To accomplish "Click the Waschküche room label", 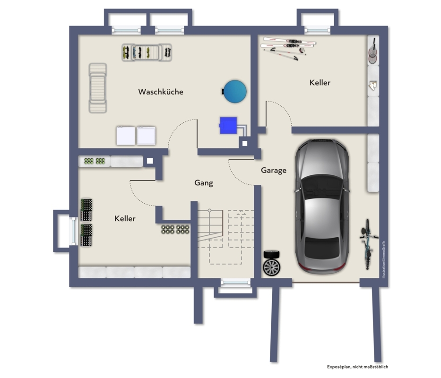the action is click(x=161, y=92).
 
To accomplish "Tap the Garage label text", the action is click(x=274, y=171).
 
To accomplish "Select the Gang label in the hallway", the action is click(x=204, y=183).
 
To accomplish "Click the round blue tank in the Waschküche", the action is click(x=235, y=91).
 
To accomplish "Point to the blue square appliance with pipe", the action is click(x=228, y=125).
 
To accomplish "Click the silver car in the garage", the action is click(x=322, y=206).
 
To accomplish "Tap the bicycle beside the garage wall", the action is click(x=368, y=244).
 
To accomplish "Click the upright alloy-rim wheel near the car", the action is click(x=271, y=267).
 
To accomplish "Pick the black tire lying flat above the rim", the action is click(x=271, y=254).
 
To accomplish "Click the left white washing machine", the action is click(x=126, y=136).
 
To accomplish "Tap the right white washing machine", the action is click(x=146, y=136).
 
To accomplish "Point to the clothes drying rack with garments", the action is click(x=147, y=52).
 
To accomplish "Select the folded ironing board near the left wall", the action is click(x=97, y=88).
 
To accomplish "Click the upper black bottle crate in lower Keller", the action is click(x=86, y=210).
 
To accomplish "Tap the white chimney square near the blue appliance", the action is click(x=245, y=144).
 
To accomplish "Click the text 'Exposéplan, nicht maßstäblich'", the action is click(x=357, y=367).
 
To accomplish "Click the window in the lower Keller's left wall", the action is click(x=73, y=231).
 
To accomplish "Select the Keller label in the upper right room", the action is click(x=320, y=83).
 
